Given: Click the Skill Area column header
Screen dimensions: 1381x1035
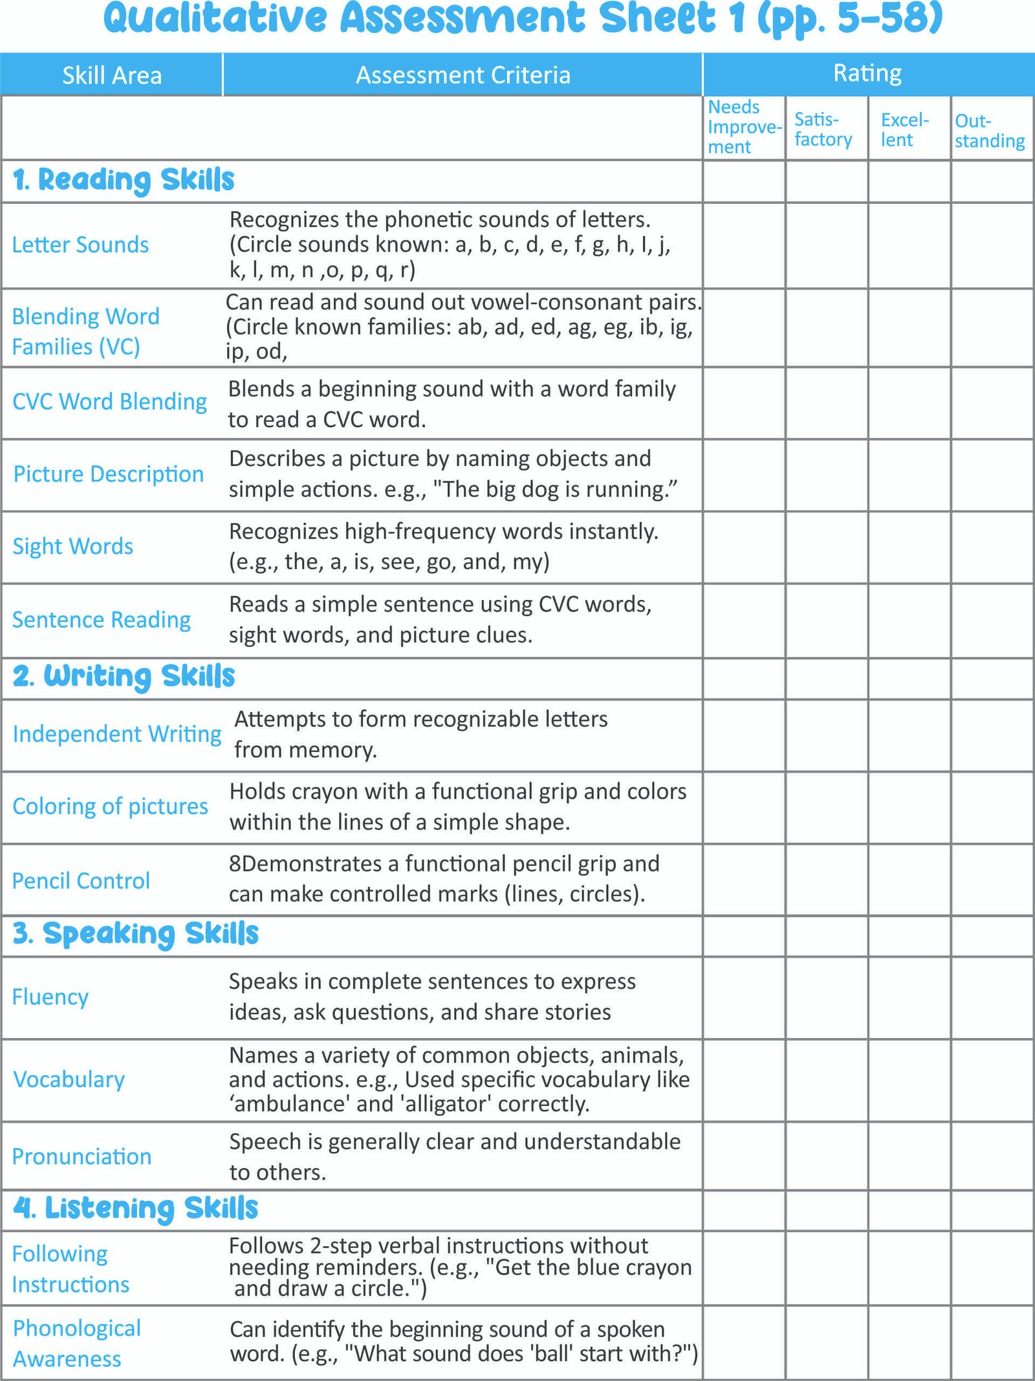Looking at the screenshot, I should [112, 76].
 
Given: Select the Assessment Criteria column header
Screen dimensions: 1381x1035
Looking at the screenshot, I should [463, 75].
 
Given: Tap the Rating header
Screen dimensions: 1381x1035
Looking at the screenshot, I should [867, 73].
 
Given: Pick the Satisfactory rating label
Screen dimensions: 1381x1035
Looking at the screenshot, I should [823, 129].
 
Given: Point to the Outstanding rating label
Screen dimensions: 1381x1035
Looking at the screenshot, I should [990, 131].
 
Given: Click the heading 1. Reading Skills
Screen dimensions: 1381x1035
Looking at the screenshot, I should [124, 181].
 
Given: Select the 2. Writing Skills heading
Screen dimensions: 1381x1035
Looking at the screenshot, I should [124, 677].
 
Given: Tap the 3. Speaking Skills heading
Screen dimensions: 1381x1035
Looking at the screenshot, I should [135, 934].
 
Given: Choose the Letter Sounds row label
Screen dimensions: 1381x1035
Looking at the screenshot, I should [80, 245].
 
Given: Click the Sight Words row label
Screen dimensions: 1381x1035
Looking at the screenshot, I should [72, 547].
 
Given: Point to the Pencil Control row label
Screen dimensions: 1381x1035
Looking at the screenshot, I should [81, 881].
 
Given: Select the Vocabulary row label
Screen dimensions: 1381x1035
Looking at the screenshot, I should [69, 1079].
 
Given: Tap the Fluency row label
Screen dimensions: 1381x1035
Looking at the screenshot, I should [50, 997].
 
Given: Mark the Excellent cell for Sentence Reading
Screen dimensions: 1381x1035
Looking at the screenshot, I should [909, 620].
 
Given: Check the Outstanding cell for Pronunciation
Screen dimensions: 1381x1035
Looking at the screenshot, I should [992, 1156].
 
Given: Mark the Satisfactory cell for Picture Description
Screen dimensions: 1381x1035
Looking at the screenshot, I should [826, 475].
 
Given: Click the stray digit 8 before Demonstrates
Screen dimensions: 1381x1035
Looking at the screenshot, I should [235, 864].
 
